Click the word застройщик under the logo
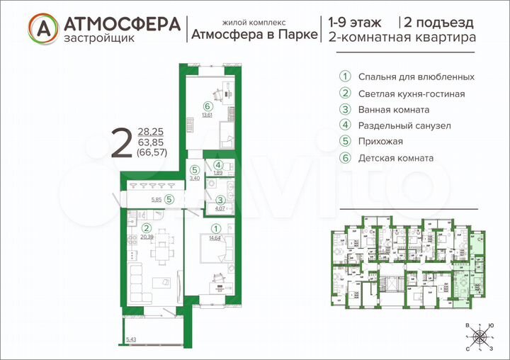click(92, 38)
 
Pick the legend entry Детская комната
click(397, 158)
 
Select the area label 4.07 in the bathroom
click(220, 208)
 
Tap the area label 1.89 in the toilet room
click(219, 172)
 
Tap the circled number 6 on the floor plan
click(208, 106)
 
